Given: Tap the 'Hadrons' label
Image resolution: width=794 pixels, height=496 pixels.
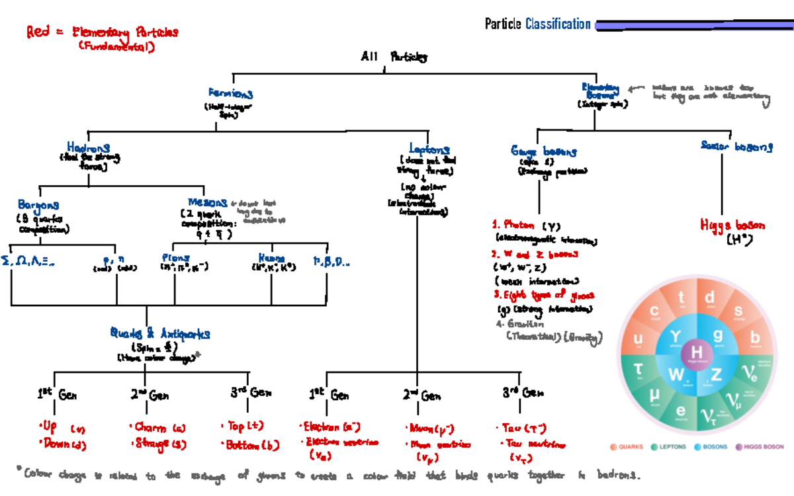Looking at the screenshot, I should (x=88, y=147).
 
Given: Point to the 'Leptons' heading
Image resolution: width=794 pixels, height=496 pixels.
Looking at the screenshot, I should (x=429, y=149).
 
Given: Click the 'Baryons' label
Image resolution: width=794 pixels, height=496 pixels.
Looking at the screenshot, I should (x=38, y=206).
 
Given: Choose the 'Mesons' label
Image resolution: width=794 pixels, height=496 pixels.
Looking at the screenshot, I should (x=207, y=202).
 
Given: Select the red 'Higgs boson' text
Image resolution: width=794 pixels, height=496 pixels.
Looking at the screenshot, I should (x=727, y=226).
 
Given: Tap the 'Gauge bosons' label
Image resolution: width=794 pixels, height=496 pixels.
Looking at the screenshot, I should (x=543, y=151).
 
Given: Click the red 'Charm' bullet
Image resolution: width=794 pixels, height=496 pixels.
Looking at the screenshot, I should (x=150, y=427).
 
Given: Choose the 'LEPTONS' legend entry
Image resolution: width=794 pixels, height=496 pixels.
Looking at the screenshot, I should (x=668, y=447).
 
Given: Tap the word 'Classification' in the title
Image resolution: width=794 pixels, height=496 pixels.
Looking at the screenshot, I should (x=558, y=24).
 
